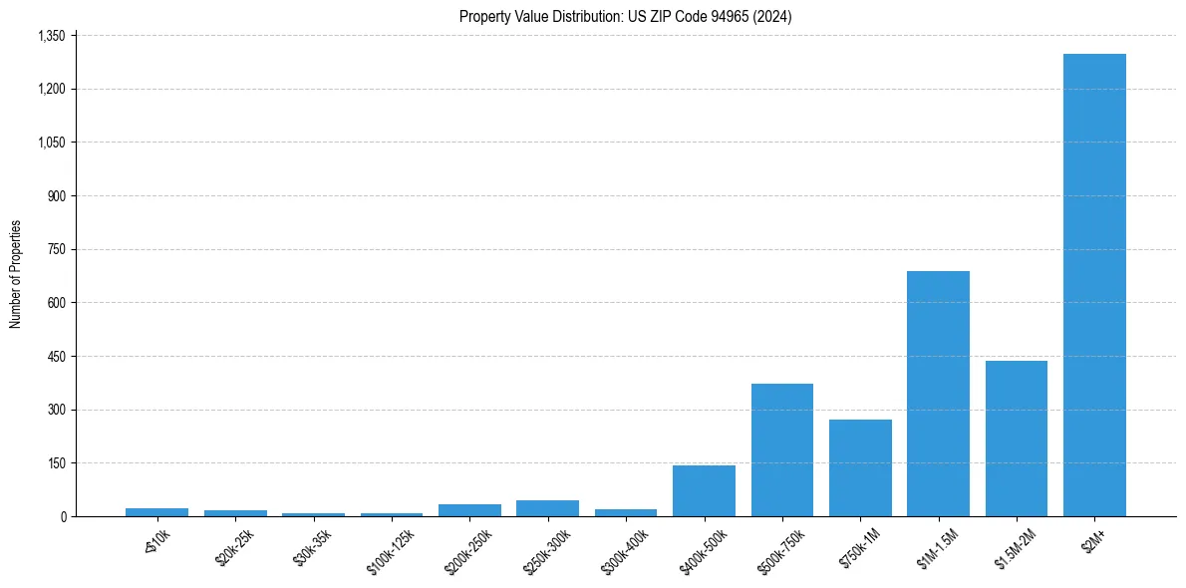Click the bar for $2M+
click(1094, 285)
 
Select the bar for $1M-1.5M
click(938, 394)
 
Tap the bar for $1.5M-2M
click(1016, 439)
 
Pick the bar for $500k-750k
click(781, 449)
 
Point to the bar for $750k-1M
click(860, 467)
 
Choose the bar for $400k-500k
click(704, 490)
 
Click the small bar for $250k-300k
click(547, 508)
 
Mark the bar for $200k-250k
click(469, 510)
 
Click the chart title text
click(625, 16)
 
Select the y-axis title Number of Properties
click(16, 274)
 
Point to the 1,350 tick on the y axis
click(51, 36)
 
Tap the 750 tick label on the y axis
click(56, 249)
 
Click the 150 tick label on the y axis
click(56, 463)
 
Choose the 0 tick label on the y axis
click(63, 516)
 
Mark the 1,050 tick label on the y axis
click(51, 143)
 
